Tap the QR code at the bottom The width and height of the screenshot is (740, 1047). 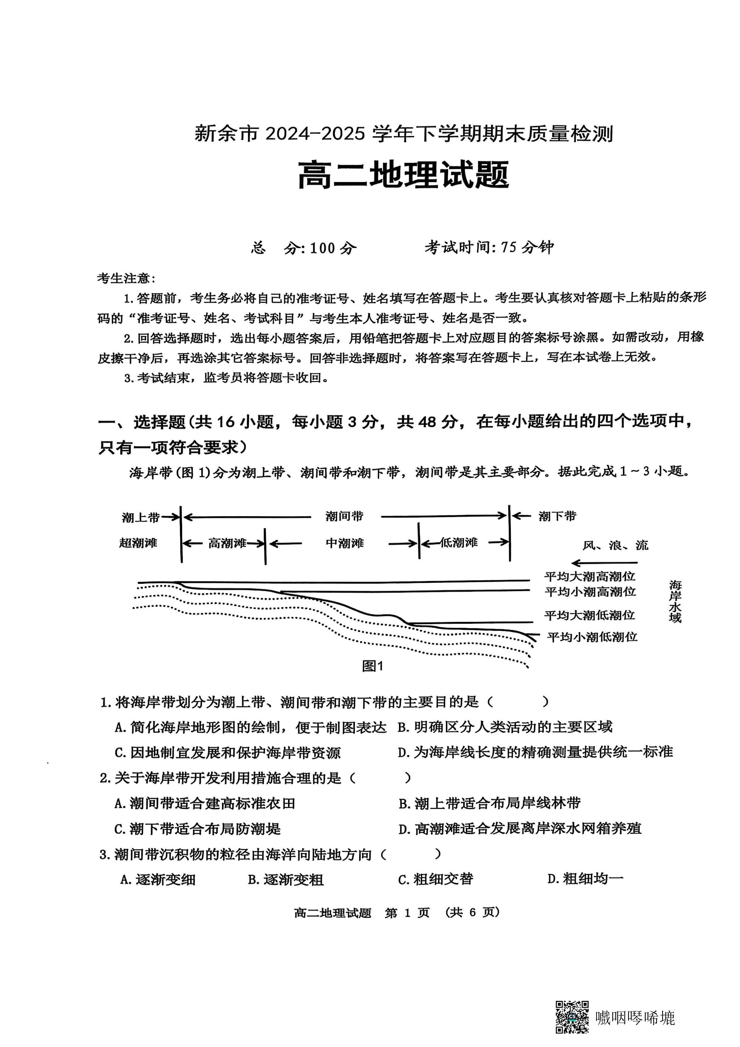572,1017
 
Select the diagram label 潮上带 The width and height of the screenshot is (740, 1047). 140,517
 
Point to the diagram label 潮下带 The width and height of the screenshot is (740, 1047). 557,516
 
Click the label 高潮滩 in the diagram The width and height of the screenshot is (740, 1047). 227,543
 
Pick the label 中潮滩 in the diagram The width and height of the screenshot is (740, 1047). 345,543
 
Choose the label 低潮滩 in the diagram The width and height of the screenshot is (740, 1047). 459,543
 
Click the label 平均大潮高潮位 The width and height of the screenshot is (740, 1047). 590,576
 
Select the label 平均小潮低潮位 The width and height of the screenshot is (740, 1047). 592,637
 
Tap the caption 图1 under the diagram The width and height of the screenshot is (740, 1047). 373,666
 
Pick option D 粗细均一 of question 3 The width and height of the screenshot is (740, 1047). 585,878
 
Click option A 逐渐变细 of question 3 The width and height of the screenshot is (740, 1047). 158,879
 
